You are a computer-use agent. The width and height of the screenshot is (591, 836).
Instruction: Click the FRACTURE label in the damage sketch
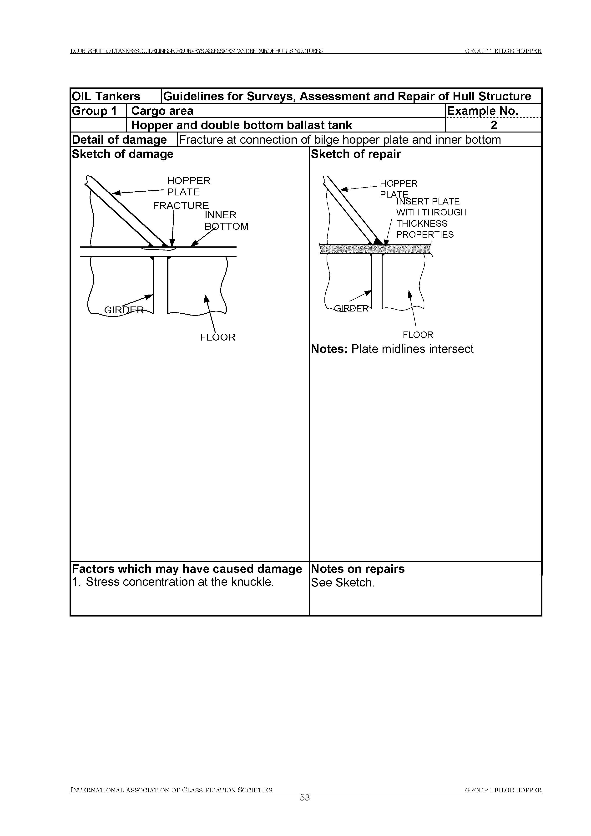181,206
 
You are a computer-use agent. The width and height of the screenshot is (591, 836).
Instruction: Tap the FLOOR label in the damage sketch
218,337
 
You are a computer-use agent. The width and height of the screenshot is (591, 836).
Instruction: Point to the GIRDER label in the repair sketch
351,308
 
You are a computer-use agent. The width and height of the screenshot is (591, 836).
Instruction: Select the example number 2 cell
494,125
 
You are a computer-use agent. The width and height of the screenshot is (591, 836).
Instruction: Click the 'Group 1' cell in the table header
94,111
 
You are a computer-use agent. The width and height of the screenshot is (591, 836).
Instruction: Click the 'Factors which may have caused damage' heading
187,569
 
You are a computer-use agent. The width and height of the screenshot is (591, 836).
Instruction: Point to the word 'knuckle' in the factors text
254,582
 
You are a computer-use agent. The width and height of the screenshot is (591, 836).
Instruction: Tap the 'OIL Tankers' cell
106,96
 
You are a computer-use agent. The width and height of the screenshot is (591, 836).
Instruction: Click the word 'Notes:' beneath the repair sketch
329,349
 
